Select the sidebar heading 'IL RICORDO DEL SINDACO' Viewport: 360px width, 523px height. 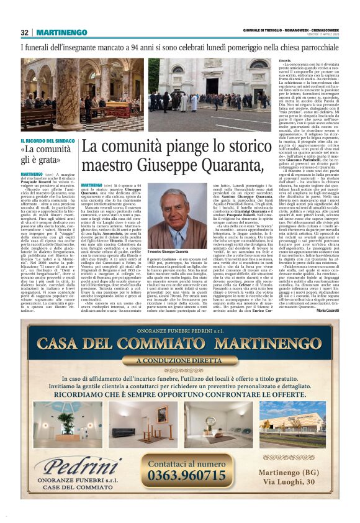pos(49,141)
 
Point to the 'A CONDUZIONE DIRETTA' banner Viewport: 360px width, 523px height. pos(179,360)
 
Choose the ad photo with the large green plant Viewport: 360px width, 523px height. pos(68,424)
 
